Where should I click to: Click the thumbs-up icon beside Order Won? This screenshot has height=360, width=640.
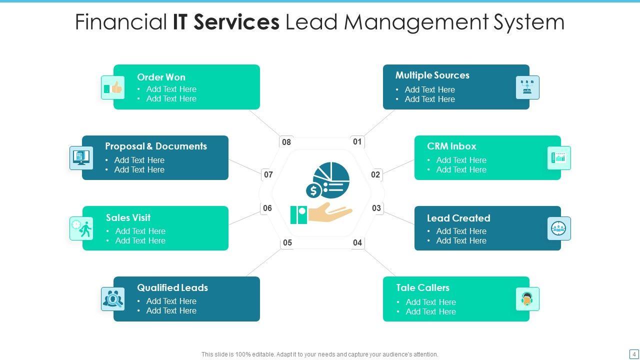(113, 88)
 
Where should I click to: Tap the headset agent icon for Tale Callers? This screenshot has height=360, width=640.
(527, 299)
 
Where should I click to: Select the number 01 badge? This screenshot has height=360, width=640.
(357, 142)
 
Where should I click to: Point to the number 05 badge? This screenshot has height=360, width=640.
(287, 243)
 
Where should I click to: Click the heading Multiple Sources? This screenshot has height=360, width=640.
(432, 75)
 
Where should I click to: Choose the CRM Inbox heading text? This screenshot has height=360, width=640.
(451, 146)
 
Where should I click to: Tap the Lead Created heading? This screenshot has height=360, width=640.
(458, 218)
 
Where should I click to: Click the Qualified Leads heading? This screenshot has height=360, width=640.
(172, 288)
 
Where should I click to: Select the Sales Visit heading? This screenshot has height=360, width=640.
(128, 218)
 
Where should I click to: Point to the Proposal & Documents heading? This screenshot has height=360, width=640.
(155, 146)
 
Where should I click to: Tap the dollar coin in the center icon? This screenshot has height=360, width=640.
(313, 190)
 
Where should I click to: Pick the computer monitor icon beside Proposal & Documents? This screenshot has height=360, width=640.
(81, 158)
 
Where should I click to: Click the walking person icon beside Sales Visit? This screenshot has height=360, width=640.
(81, 228)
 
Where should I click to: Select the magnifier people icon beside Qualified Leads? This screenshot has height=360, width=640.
(113, 299)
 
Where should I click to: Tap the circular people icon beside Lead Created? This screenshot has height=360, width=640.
(558, 228)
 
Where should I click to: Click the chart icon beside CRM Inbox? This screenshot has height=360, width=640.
(558, 158)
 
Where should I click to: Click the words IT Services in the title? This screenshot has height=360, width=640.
(226, 22)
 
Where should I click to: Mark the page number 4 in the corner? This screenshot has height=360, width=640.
(634, 354)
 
